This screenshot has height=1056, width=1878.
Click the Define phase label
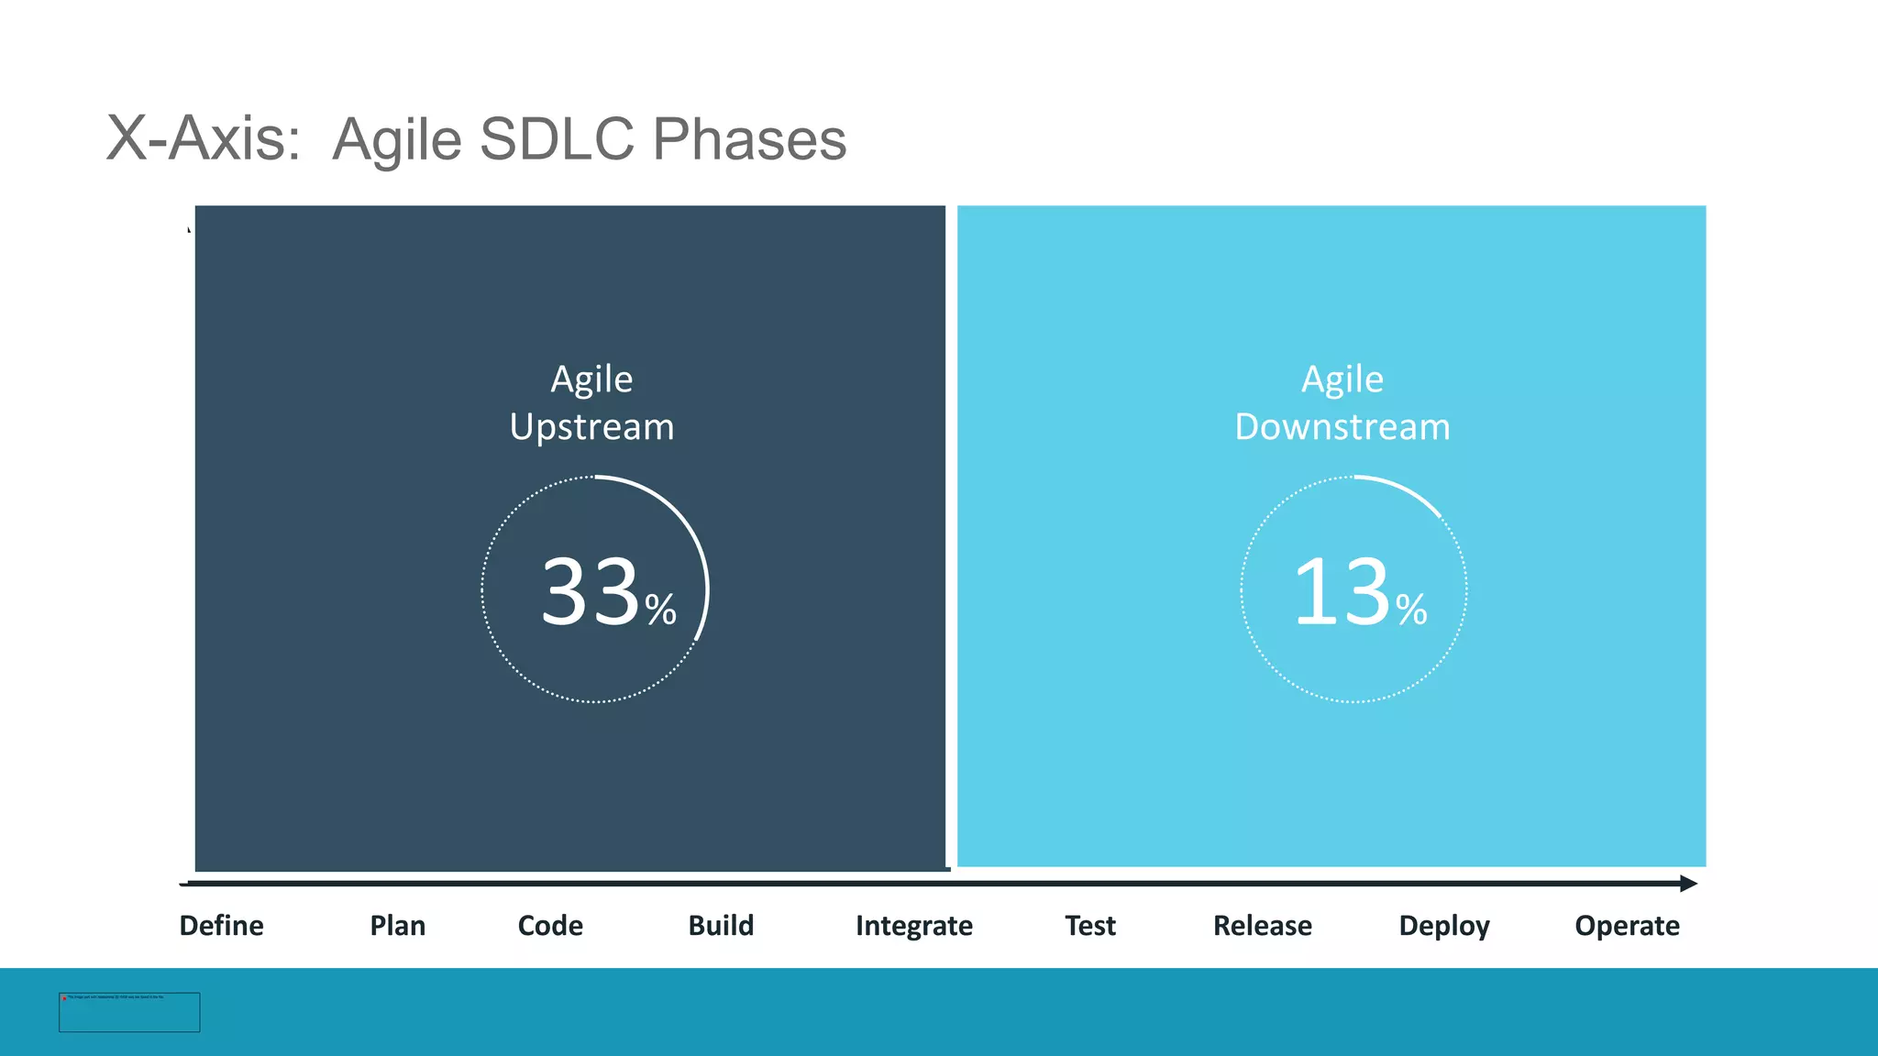(x=221, y=925)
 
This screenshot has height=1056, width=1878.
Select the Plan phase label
(x=397, y=925)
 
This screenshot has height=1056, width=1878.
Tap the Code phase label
(x=550, y=925)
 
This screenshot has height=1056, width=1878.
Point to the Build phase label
(x=721, y=925)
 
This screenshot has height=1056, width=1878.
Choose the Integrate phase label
(x=913, y=925)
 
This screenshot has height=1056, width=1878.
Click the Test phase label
(x=1089, y=925)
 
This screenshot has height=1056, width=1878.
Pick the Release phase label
(x=1262, y=925)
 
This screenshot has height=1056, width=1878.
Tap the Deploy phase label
(x=1443, y=926)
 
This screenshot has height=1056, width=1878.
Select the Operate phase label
(x=1627, y=926)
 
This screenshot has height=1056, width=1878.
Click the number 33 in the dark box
(x=590, y=592)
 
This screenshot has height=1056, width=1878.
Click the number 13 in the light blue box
(x=1342, y=592)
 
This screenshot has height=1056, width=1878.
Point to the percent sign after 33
(x=660, y=610)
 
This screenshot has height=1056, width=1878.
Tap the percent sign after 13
(x=1411, y=610)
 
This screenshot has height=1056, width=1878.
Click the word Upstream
(x=591, y=427)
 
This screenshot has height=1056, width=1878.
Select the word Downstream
(x=1342, y=427)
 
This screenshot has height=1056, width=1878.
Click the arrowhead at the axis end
(x=1688, y=884)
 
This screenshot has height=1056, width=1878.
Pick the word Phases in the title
(x=749, y=139)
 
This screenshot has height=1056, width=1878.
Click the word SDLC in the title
(x=556, y=139)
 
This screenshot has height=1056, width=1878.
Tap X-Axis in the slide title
(x=203, y=139)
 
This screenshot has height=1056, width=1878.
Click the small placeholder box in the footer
(x=129, y=1012)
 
